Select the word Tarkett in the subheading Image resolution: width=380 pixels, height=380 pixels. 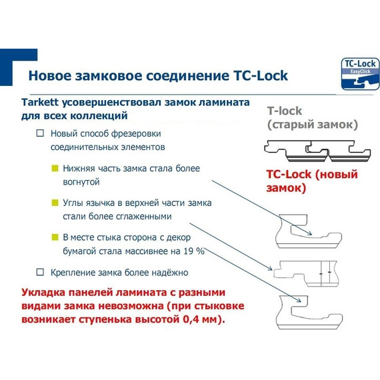click(42, 103)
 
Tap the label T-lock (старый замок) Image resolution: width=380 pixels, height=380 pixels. click(312, 118)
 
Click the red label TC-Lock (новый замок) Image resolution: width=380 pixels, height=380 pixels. click(312, 181)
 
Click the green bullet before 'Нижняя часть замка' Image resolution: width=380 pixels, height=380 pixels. click(55, 169)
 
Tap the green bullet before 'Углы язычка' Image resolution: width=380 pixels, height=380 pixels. click(55, 203)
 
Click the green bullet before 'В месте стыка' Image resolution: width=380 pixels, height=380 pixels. click(55, 237)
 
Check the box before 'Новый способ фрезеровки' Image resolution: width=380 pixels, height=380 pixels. click(40, 134)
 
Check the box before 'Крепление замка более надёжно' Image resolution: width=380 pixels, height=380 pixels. click(40, 272)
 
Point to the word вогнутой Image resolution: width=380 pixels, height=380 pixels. click(81, 181)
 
